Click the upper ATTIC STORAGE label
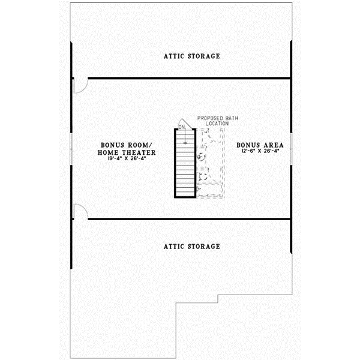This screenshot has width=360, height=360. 192,56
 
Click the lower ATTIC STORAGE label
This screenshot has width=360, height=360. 192,247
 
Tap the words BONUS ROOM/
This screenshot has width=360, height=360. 128,146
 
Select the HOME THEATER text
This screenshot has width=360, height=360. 128,153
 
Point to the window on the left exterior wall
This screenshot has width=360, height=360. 71,148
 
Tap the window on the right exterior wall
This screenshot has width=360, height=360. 291,148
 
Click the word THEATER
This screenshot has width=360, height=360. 139,153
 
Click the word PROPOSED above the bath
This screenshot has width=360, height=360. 210,118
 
